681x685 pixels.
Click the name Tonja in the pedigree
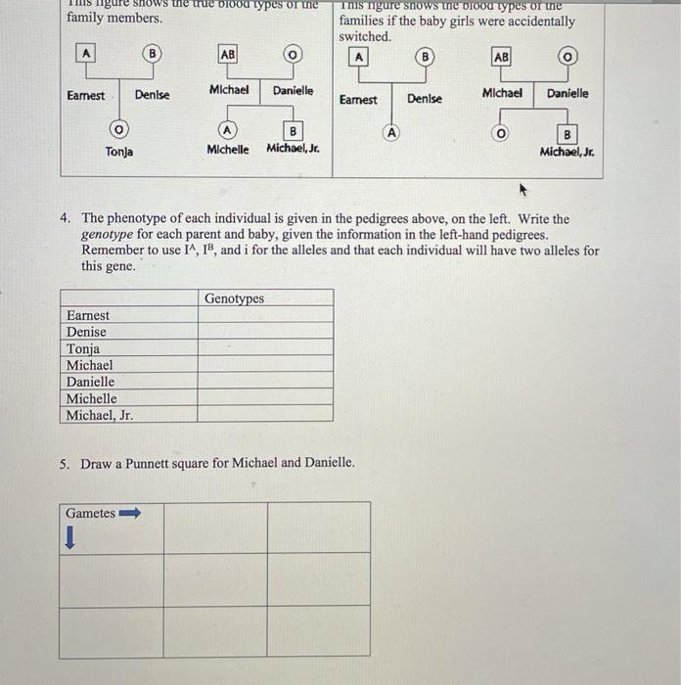(119, 152)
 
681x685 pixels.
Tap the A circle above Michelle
(227, 129)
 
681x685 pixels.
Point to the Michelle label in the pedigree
(227, 150)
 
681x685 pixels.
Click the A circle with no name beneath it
(391, 131)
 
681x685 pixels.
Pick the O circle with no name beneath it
(501, 132)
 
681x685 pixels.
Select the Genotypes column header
(234, 298)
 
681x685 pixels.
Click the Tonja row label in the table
(83, 349)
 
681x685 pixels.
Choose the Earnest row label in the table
(88, 316)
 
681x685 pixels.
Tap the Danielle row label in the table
(90, 383)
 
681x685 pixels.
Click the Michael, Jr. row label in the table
(99, 416)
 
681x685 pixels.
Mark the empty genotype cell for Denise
(264, 333)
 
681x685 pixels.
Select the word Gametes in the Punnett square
(90, 513)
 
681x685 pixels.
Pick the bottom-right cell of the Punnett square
(318, 631)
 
